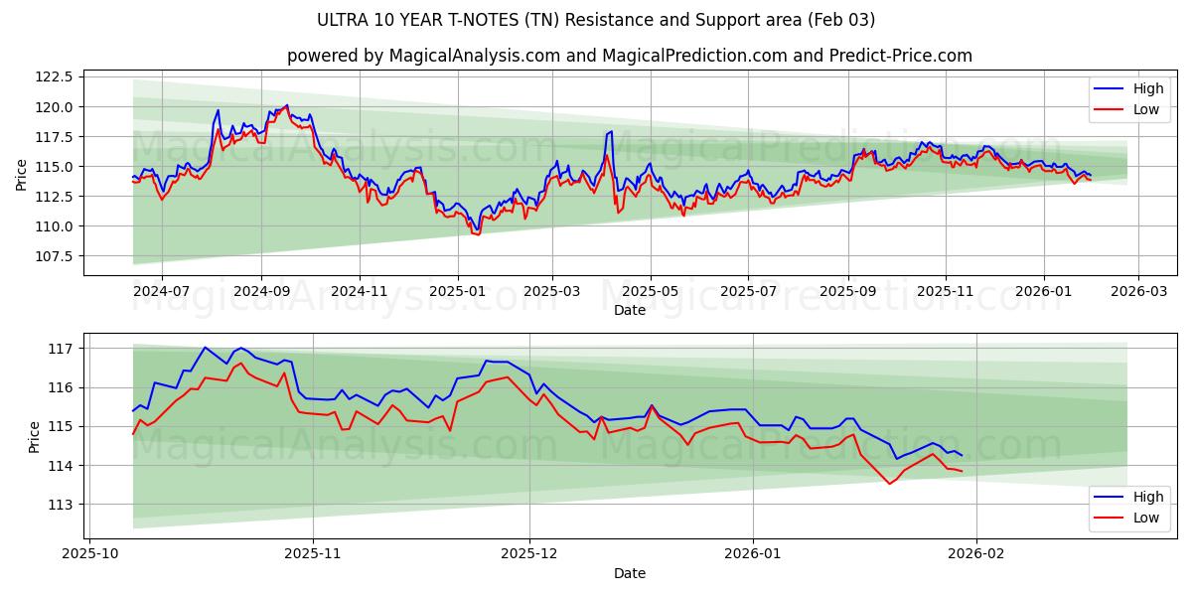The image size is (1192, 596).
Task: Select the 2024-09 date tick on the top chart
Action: [x=261, y=292]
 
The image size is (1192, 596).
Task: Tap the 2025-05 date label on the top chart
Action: [x=651, y=292]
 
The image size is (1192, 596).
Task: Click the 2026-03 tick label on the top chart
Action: [x=1137, y=292]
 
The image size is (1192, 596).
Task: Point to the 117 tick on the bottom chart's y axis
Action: [x=62, y=349]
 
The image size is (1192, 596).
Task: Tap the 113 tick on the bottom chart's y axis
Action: [x=62, y=505]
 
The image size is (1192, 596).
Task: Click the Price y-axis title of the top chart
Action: [x=22, y=175]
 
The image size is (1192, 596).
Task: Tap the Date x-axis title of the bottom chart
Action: [x=629, y=573]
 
